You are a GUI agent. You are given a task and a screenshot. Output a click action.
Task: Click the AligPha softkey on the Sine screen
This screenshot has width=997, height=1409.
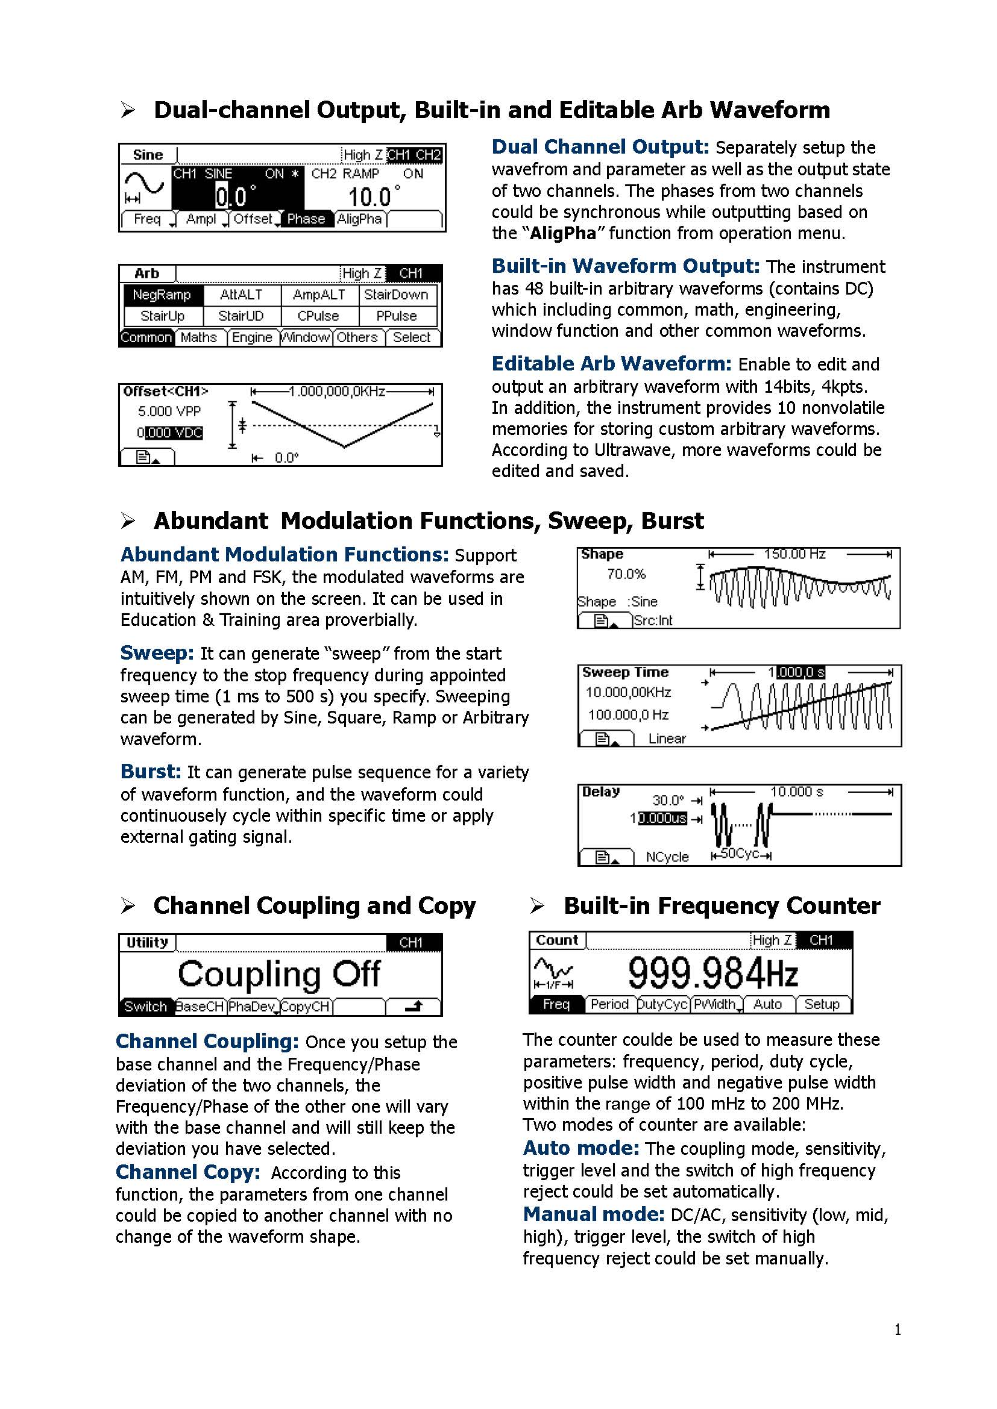(360, 219)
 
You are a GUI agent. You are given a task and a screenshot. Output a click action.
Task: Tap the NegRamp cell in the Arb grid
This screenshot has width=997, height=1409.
(162, 295)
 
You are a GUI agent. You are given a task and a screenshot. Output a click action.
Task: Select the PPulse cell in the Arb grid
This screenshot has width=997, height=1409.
(397, 316)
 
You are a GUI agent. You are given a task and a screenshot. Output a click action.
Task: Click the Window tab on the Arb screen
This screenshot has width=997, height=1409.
(306, 337)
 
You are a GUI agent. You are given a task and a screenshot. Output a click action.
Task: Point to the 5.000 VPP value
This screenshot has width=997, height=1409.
(169, 411)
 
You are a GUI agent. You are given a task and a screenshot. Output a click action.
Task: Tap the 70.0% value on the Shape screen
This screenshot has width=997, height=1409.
(626, 575)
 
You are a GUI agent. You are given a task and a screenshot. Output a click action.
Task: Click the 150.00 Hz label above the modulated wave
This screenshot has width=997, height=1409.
(794, 554)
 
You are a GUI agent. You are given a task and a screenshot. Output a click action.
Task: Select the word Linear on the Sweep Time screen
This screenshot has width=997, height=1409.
(667, 739)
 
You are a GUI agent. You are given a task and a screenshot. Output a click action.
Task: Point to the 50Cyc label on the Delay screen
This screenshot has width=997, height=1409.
(739, 854)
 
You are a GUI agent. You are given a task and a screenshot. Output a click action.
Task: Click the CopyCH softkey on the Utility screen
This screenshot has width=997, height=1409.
(305, 1007)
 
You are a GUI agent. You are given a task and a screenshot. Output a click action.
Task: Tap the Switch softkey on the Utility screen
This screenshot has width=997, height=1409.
(145, 1007)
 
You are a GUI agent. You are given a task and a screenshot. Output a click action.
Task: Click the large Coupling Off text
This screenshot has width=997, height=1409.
(279, 974)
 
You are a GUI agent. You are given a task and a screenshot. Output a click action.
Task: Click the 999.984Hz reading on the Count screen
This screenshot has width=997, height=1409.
(712, 973)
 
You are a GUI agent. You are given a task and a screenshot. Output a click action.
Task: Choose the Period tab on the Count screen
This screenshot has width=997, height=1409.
(609, 1005)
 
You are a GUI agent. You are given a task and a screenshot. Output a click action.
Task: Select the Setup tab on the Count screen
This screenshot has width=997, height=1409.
(822, 1005)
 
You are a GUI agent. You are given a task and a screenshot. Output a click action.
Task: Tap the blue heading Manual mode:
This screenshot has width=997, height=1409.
(594, 1214)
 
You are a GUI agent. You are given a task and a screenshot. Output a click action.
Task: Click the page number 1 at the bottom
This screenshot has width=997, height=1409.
(898, 1330)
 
